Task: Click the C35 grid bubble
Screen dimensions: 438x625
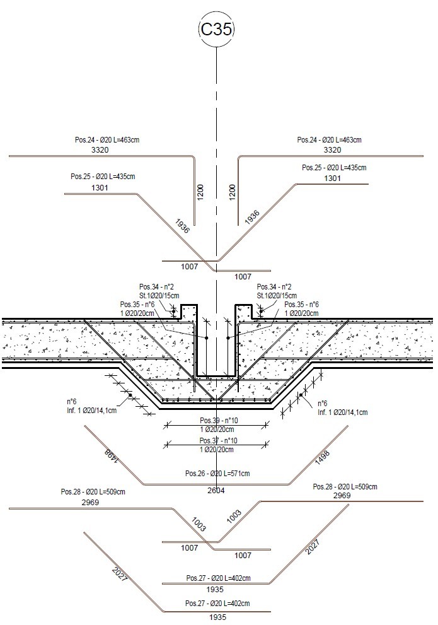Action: tap(217, 30)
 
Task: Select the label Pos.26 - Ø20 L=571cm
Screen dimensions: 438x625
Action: tap(217, 474)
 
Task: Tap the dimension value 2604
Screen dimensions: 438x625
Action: tap(216, 490)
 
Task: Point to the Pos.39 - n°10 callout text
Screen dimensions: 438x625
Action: tap(218, 421)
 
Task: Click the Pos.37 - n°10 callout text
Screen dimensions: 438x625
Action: tap(218, 440)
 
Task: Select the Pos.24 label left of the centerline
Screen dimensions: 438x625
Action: tap(107, 140)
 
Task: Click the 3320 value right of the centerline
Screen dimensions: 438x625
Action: tap(332, 150)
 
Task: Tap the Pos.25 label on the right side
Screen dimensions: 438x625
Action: tap(334, 168)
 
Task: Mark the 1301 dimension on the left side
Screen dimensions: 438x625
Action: tap(100, 187)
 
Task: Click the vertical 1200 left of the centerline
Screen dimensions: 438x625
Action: tap(200, 192)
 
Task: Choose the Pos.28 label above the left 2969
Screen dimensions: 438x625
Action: tap(93, 492)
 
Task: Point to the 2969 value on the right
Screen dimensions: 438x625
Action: tap(342, 496)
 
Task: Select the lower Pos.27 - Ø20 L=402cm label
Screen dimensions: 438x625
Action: tap(217, 604)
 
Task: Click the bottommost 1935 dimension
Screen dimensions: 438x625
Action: tap(217, 617)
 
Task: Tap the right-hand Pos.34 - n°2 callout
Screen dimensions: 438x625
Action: tap(274, 287)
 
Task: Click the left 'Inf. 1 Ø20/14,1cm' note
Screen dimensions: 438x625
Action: tap(91, 410)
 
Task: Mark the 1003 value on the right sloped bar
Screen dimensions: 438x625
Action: tap(234, 516)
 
